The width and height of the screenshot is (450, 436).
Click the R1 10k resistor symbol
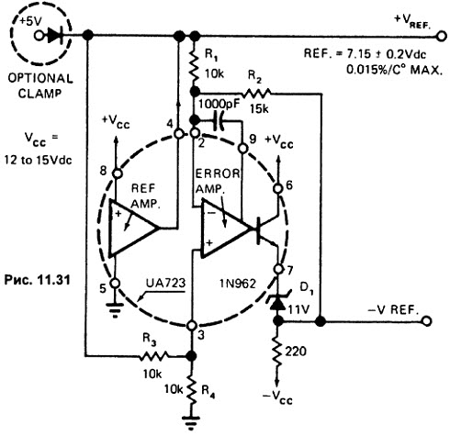[194, 66]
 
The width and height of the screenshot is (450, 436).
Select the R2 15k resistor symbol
[256, 93]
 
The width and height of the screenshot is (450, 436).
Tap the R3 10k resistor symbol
[153, 356]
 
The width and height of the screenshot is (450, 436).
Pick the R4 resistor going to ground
[191, 389]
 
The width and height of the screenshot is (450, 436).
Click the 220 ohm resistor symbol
[278, 351]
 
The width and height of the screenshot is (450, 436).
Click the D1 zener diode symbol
[278, 302]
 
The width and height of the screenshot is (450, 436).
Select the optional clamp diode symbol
[56, 36]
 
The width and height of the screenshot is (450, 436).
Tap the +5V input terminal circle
[39, 36]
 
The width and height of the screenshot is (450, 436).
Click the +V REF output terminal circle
[441, 36]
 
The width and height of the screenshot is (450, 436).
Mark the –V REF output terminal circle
[426, 321]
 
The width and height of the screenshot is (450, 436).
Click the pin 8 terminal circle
[118, 173]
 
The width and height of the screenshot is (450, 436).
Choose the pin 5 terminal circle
[115, 283]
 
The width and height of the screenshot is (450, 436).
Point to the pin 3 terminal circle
[192, 326]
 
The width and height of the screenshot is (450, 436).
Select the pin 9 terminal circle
[242, 149]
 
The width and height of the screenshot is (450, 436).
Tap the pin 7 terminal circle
[278, 269]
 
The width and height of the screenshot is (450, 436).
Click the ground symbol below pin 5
[115, 309]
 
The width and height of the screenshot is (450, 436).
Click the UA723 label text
[165, 283]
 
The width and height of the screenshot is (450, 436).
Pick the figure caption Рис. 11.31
[37, 280]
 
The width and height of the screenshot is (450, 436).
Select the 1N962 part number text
[238, 284]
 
